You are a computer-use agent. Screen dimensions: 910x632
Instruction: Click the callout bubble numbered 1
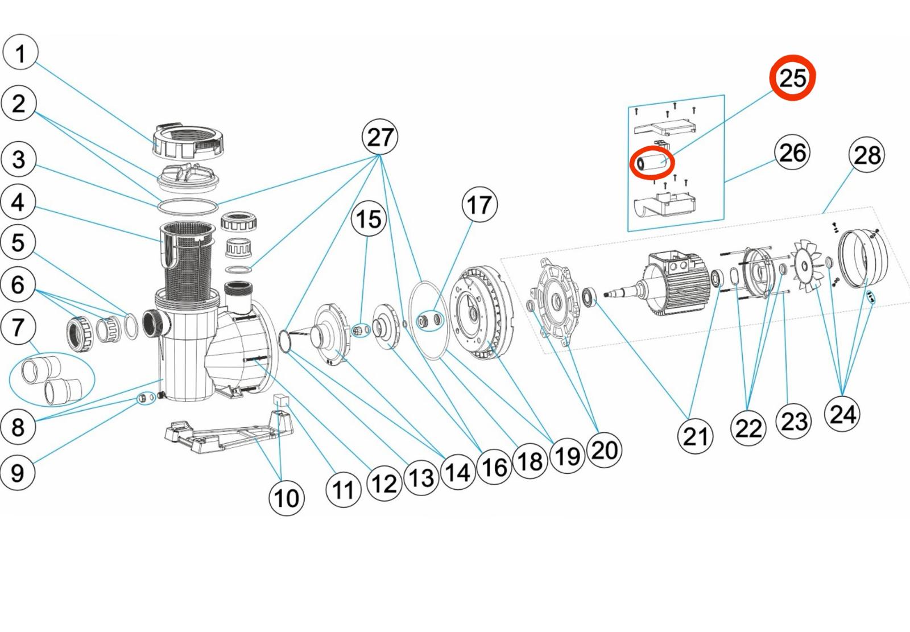(x=20, y=52)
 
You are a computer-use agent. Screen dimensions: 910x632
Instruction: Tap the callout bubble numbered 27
(x=380, y=137)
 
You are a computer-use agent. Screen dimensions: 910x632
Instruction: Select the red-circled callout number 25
(x=793, y=77)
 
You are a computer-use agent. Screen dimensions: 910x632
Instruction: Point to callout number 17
(x=480, y=204)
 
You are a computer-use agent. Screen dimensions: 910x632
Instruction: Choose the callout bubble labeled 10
(x=287, y=498)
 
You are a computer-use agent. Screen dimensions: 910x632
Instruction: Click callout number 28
(x=867, y=154)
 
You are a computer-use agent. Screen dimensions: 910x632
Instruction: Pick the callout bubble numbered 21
(x=695, y=436)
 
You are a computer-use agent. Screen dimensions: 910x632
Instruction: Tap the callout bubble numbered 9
(x=17, y=472)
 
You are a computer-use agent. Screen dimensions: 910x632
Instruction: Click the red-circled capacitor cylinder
(x=652, y=163)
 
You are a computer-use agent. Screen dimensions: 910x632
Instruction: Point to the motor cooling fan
(x=808, y=265)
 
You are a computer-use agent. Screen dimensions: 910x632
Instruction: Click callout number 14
(x=458, y=472)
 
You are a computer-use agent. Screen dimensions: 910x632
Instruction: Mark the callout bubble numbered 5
(x=18, y=242)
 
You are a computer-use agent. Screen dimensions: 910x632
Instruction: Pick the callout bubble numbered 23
(x=793, y=420)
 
